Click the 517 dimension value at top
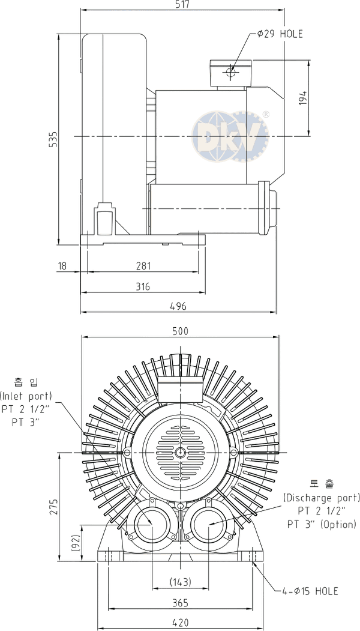(x=182, y=4)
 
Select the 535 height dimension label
(x=53, y=139)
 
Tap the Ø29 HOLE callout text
(x=280, y=34)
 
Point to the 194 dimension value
(x=303, y=98)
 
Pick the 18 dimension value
(x=62, y=265)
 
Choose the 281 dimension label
(x=143, y=265)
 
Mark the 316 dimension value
(x=143, y=286)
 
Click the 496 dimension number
(x=179, y=306)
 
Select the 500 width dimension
(x=180, y=331)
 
